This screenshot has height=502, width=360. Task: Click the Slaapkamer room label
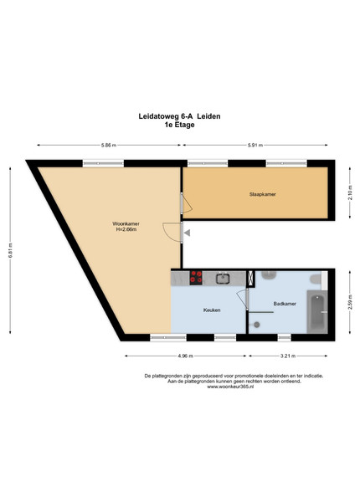click(262, 194)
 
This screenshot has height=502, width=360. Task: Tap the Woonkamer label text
click(126, 223)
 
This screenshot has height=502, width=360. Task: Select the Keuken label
click(212, 310)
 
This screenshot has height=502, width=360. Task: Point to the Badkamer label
click(285, 304)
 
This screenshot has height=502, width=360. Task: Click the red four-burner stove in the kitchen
click(196, 277)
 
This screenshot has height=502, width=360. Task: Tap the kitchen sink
click(223, 279)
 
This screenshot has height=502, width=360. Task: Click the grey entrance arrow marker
click(187, 233)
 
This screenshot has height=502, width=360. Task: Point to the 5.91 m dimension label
click(255, 145)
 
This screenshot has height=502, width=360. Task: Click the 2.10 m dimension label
click(350, 193)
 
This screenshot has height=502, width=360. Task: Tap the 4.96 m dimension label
click(186, 356)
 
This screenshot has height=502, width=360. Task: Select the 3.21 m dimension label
click(288, 356)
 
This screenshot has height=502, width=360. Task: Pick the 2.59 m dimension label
click(350, 302)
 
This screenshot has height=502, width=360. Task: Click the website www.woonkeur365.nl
click(230, 387)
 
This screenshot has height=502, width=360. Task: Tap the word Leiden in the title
click(208, 116)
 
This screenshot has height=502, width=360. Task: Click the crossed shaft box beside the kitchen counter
click(251, 279)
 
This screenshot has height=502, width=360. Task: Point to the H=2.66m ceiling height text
click(126, 229)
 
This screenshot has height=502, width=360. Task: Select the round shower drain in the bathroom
click(256, 325)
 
